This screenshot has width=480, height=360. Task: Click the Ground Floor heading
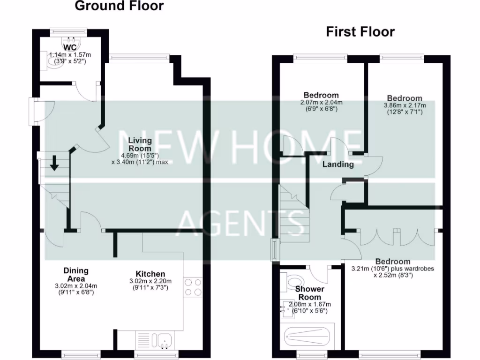pyautogui.click(x=119, y=6)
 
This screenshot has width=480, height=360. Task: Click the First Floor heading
pyautogui.click(x=360, y=32)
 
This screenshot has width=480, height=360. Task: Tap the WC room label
pyautogui.click(x=70, y=47)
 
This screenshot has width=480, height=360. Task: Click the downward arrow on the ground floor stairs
pyautogui.click(x=54, y=163)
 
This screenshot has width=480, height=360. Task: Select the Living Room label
pyautogui.click(x=140, y=144)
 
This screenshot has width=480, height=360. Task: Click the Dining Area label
pyautogui.click(x=76, y=275)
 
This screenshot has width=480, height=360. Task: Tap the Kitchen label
pyautogui.click(x=150, y=274)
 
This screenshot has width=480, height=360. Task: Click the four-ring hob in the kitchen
pyautogui.click(x=193, y=287)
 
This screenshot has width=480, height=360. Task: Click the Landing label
pyautogui.click(x=338, y=165)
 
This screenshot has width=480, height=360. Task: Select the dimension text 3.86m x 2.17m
pyautogui.click(x=406, y=105)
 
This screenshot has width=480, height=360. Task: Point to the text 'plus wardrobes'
pyautogui.click(x=412, y=269)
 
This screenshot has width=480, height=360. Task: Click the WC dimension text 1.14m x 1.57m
pyautogui.click(x=70, y=55)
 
